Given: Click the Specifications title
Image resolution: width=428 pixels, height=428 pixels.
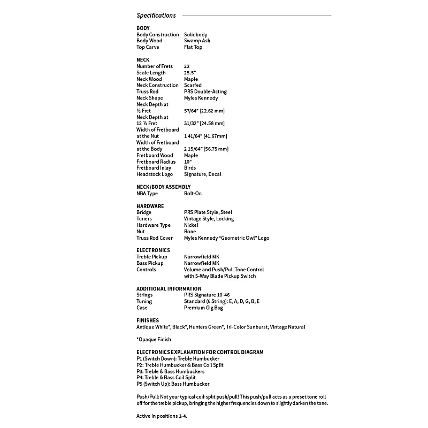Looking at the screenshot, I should [x=156, y=16].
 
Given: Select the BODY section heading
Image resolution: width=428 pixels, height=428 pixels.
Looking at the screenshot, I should [x=143, y=28].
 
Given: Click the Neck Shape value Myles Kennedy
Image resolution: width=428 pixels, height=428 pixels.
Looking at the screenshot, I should [x=201, y=98].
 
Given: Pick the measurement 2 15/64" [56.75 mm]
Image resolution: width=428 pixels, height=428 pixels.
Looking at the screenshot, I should [x=206, y=149].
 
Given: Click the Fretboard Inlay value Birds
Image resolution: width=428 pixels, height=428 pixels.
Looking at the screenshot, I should [x=190, y=168].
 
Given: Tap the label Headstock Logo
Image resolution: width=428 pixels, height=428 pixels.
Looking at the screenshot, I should [x=155, y=174].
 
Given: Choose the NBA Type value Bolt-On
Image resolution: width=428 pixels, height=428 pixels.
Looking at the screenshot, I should [x=193, y=193].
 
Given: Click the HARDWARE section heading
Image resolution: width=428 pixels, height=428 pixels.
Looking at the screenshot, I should [x=150, y=206].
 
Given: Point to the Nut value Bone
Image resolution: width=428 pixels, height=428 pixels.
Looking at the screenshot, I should [x=190, y=232].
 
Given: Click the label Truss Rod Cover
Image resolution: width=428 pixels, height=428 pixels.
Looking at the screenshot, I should [x=155, y=238].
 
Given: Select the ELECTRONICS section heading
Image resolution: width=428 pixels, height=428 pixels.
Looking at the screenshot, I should [x=153, y=250].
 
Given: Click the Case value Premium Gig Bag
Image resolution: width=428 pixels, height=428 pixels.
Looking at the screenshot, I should [x=203, y=308].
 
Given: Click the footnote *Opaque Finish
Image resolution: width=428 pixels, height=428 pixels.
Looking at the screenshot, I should [x=156, y=339].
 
